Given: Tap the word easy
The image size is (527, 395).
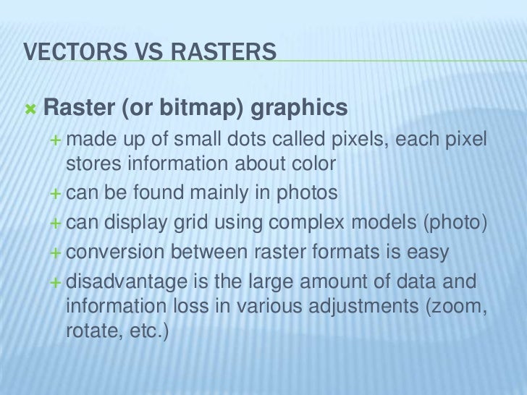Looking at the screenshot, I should pos(429,252).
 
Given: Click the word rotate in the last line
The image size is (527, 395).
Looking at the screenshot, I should pos(91,332).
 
